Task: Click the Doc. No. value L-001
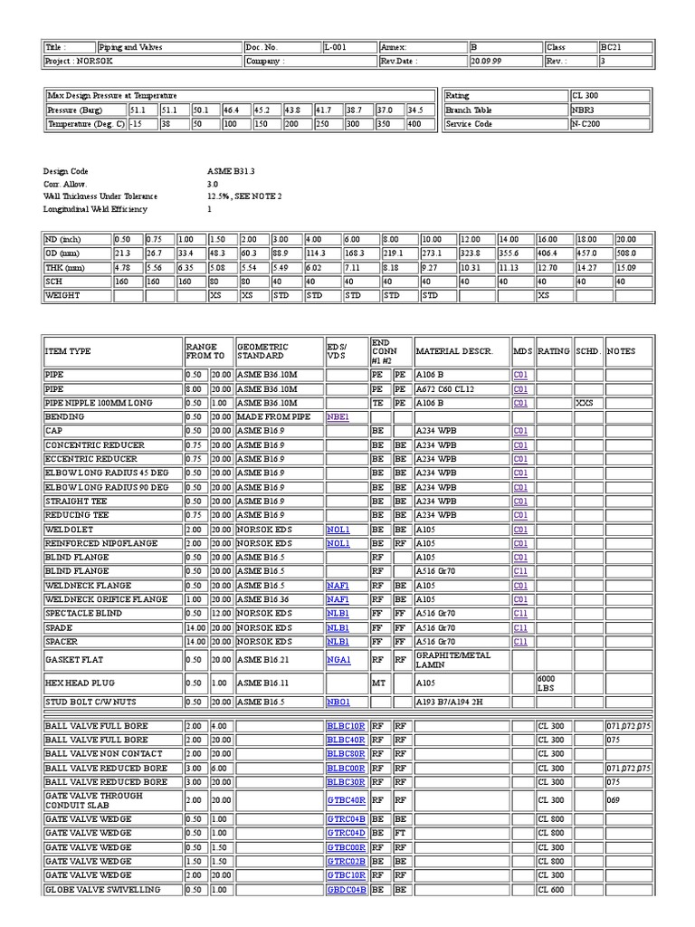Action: tap(334, 47)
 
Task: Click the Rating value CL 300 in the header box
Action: tap(585, 95)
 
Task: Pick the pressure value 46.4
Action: tap(233, 110)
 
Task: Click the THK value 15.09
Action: tap(626, 267)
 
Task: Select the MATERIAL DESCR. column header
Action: tap(453, 350)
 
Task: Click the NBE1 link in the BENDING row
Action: tap(337, 417)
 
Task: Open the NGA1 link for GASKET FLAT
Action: tap(337, 661)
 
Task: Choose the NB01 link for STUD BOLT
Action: tap(337, 702)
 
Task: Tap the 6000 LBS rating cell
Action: tap(549, 683)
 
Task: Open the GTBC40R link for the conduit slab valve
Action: tap(346, 800)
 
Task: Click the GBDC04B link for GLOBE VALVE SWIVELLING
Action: tap(346, 890)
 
